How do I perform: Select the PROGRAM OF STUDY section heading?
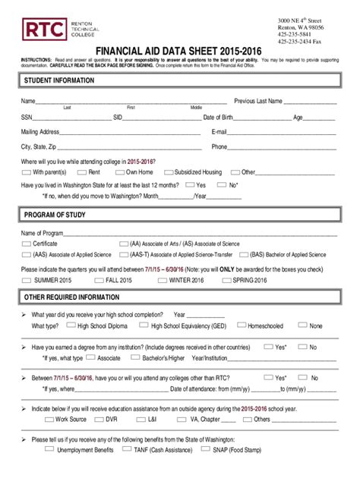(x=56, y=215)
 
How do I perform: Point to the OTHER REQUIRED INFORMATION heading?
(x=72, y=297)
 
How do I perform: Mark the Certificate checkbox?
(x=27, y=244)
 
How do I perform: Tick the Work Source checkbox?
(x=49, y=418)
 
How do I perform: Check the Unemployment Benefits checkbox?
(x=49, y=448)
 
